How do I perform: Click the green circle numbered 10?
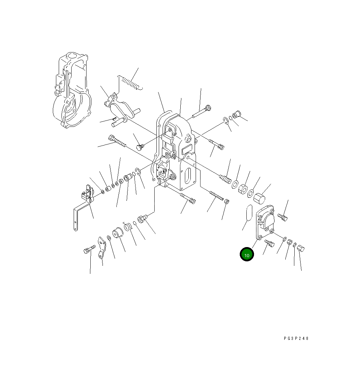click(x=247, y=254)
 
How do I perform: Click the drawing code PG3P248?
click(x=296, y=338)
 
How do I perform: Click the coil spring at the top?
click(x=130, y=83)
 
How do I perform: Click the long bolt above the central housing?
click(x=202, y=112)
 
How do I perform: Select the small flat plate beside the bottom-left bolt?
click(x=102, y=247)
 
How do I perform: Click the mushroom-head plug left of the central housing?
click(x=139, y=147)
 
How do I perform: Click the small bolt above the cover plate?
click(x=283, y=218)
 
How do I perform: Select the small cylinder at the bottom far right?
click(x=301, y=248)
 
